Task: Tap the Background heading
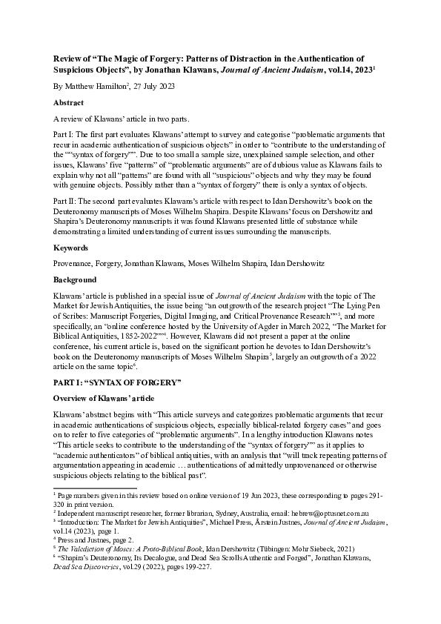[x=75, y=280]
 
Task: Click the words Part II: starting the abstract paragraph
[x=64, y=200]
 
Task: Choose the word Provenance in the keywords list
[x=73, y=262]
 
